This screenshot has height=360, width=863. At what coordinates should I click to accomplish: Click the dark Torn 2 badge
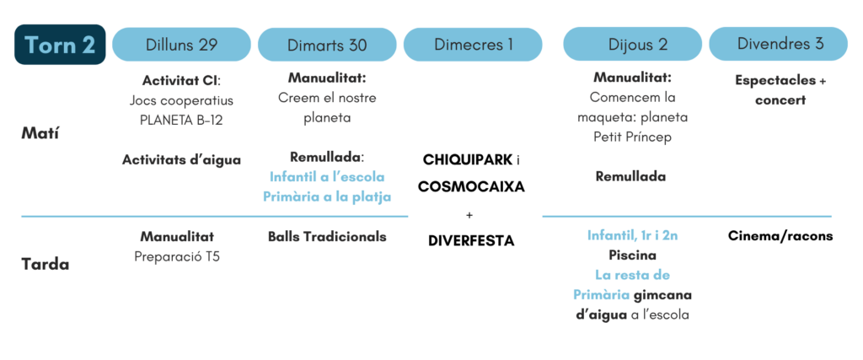(x=60, y=45)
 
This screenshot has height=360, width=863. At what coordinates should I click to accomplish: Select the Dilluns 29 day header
(x=182, y=45)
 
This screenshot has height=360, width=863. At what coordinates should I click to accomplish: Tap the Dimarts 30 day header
(x=327, y=45)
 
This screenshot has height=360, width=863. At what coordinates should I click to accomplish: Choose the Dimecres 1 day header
(x=473, y=45)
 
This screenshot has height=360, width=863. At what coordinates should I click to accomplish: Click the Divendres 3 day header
(x=778, y=45)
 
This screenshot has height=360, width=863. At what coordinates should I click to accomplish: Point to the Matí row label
(x=40, y=133)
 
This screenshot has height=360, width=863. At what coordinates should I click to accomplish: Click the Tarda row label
(x=46, y=264)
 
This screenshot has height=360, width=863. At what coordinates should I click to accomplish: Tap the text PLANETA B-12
(x=182, y=120)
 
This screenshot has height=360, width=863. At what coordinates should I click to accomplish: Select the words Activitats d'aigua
(x=182, y=160)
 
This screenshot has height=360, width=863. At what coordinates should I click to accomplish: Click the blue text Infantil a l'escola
(x=327, y=177)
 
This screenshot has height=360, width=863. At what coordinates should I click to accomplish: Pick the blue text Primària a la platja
(x=327, y=196)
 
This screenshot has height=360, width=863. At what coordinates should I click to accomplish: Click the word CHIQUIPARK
(x=467, y=160)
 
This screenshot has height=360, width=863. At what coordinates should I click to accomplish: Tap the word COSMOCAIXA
(x=471, y=186)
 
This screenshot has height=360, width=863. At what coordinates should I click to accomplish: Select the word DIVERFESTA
(x=471, y=240)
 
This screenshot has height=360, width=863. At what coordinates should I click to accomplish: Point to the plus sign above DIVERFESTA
(x=469, y=215)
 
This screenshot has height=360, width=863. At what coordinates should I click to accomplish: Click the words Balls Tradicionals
(x=327, y=237)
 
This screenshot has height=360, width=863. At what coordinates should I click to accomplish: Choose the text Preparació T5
(x=177, y=256)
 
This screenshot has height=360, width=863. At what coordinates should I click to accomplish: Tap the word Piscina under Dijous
(x=632, y=255)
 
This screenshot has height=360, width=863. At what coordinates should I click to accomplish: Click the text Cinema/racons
(x=780, y=236)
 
